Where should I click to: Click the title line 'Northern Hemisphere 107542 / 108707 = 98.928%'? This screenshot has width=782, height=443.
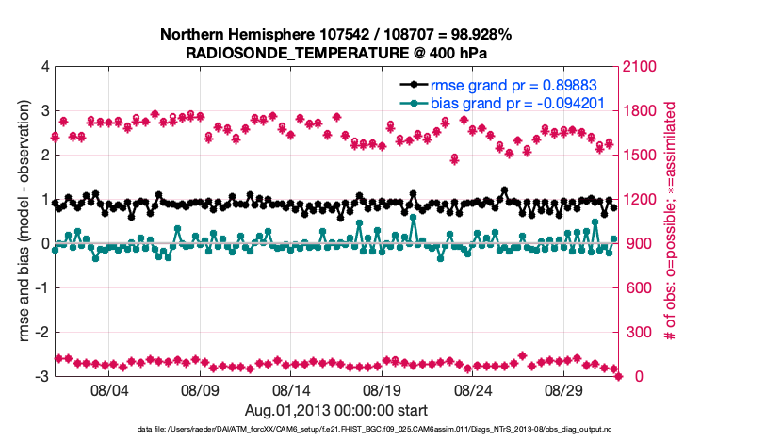point(335,36)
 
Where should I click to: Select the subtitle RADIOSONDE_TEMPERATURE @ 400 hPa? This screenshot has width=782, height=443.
point(335,54)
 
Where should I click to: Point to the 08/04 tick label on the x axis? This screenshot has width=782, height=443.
point(108,390)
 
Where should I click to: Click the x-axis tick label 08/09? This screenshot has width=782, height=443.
point(200,390)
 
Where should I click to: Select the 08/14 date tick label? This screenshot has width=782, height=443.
point(291,390)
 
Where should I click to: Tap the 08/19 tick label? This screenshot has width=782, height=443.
point(383,390)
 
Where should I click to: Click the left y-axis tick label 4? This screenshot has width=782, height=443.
point(44,67)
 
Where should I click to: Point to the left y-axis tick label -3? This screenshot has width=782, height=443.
point(41,377)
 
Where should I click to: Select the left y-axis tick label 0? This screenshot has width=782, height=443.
point(44,244)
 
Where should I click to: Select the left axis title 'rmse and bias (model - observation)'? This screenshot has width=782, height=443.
point(24,221)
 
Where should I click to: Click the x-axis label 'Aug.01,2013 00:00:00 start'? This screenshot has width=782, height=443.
point(336,410)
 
